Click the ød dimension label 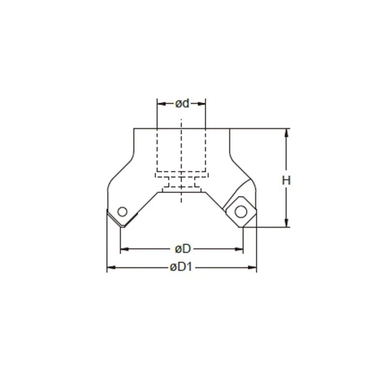(181, 103)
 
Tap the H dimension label (286, 180)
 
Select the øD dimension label (182, 249)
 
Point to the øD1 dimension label (182, 268)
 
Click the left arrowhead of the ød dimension (160, 103)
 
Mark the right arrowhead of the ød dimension (202, 103)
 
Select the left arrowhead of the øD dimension (123, 249)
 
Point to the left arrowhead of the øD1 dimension (111, 268)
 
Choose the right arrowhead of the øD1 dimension (253, 268)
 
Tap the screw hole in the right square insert (240, 212)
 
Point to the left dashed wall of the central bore (157, 149)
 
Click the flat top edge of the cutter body (181, 129)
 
